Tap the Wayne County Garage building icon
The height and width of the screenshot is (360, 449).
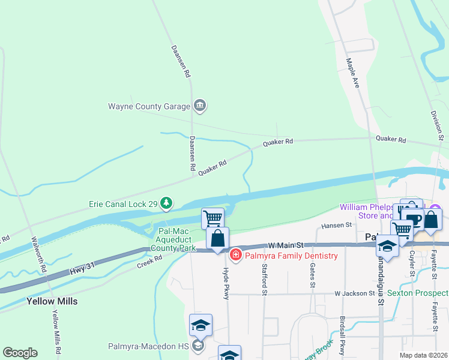[x=200, y=107]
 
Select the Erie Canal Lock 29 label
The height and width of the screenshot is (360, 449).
[x=122, y=204]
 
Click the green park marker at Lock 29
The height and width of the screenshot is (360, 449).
[x=167, y=205]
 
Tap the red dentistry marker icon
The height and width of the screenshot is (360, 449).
[x=235, y=256]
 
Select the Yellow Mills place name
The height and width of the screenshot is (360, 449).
[x=52, y=301]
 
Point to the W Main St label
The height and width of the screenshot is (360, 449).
[x=287, y=245]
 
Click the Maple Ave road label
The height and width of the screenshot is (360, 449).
[x=353, y=73]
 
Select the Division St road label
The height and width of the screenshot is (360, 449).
[x=436, y=125]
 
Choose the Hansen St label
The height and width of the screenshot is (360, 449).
[x=336, y=225]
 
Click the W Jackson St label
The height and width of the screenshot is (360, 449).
[x=355, y=293]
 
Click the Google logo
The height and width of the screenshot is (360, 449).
[x=20, y=353]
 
